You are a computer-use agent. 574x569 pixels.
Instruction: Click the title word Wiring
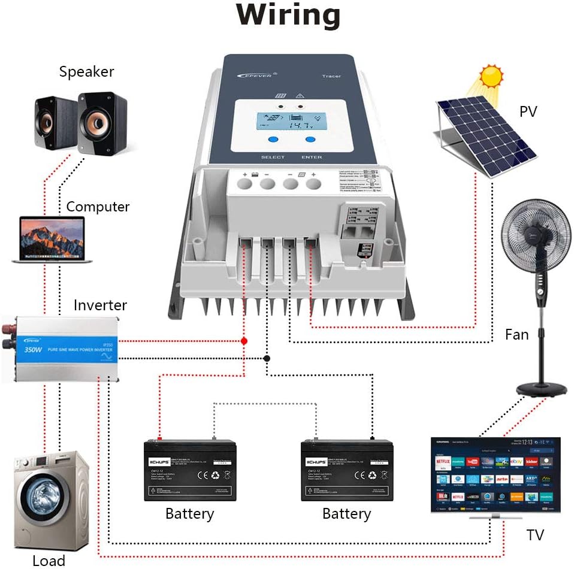288,16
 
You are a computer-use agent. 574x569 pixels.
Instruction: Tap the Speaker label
86,72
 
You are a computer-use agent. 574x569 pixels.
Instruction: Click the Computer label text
98,207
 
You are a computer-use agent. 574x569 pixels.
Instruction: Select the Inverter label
100,305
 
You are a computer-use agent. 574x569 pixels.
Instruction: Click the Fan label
516,334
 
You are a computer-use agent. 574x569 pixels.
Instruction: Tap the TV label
535,534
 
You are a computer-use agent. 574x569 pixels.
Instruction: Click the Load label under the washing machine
49,561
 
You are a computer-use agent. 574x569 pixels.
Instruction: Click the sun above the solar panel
492,76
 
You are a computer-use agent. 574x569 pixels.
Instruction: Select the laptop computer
52,240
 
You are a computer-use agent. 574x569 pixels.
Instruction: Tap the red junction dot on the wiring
244,341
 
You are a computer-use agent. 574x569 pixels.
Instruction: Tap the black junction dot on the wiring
267,358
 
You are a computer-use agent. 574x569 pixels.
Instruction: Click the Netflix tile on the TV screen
443,462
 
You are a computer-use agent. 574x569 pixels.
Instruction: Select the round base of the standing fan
542,389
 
